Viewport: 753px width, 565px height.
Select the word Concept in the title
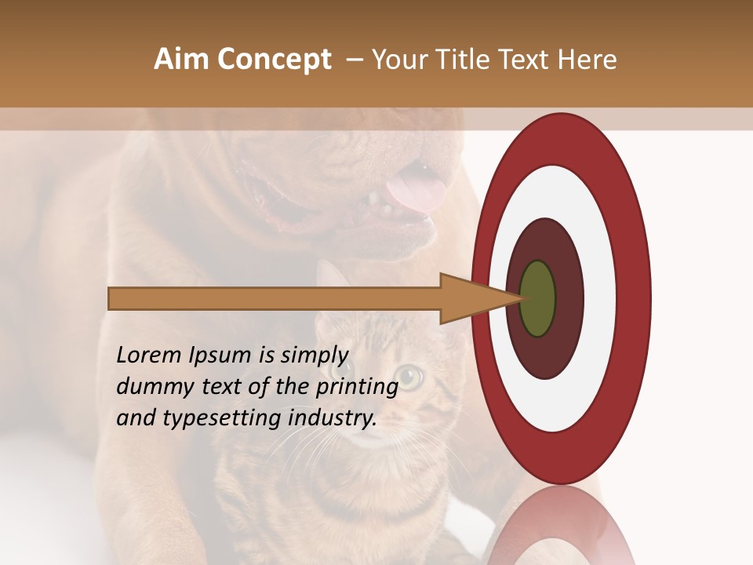click(x=274, y=60)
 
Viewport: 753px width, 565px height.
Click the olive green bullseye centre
click(x=538, y=298)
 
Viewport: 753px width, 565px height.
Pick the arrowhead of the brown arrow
click(x=471, y=299)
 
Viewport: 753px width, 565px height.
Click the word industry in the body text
click(x=332, y=417)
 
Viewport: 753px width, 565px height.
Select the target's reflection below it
click(x=562, y=530)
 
